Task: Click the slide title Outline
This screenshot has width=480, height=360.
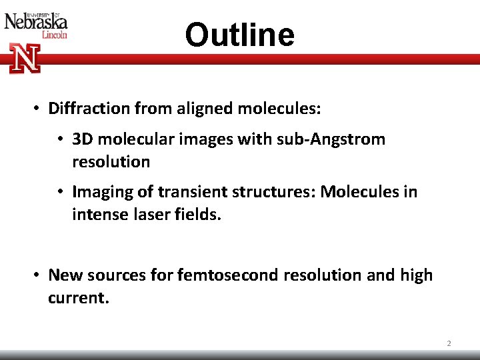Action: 239,35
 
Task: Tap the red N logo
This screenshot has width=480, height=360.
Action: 25,58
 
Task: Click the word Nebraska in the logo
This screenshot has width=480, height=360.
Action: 36,22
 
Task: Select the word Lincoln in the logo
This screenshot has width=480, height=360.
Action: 54,35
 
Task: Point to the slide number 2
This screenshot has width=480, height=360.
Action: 449,343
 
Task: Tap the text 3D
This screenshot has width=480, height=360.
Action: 83,139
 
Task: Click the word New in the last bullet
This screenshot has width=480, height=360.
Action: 65,275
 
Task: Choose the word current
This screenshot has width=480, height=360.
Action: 77,297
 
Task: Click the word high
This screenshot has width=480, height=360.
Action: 416,275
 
